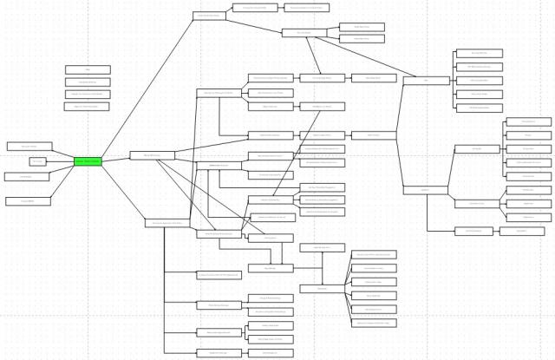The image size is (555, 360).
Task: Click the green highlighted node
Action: pyautogui.click(x=88, y=160)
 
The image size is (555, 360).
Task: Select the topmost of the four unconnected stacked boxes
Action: pyautogui.click(x=88, y=69)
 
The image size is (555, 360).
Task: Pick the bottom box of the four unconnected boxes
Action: pyautogui.click(x=88, y=106)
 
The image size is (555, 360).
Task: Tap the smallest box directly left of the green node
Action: pyautogui.click(x=37, y=161)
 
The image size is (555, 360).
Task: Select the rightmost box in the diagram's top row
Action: pyautogui.click(x=307, y=7)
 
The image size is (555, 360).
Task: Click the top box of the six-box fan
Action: pyautogui.click(x=374, y=254)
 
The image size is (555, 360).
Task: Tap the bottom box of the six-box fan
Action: pyautogui.click(x=374, y=323)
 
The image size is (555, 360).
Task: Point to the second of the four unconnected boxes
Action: pyautogui.click(x=88, y=82)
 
